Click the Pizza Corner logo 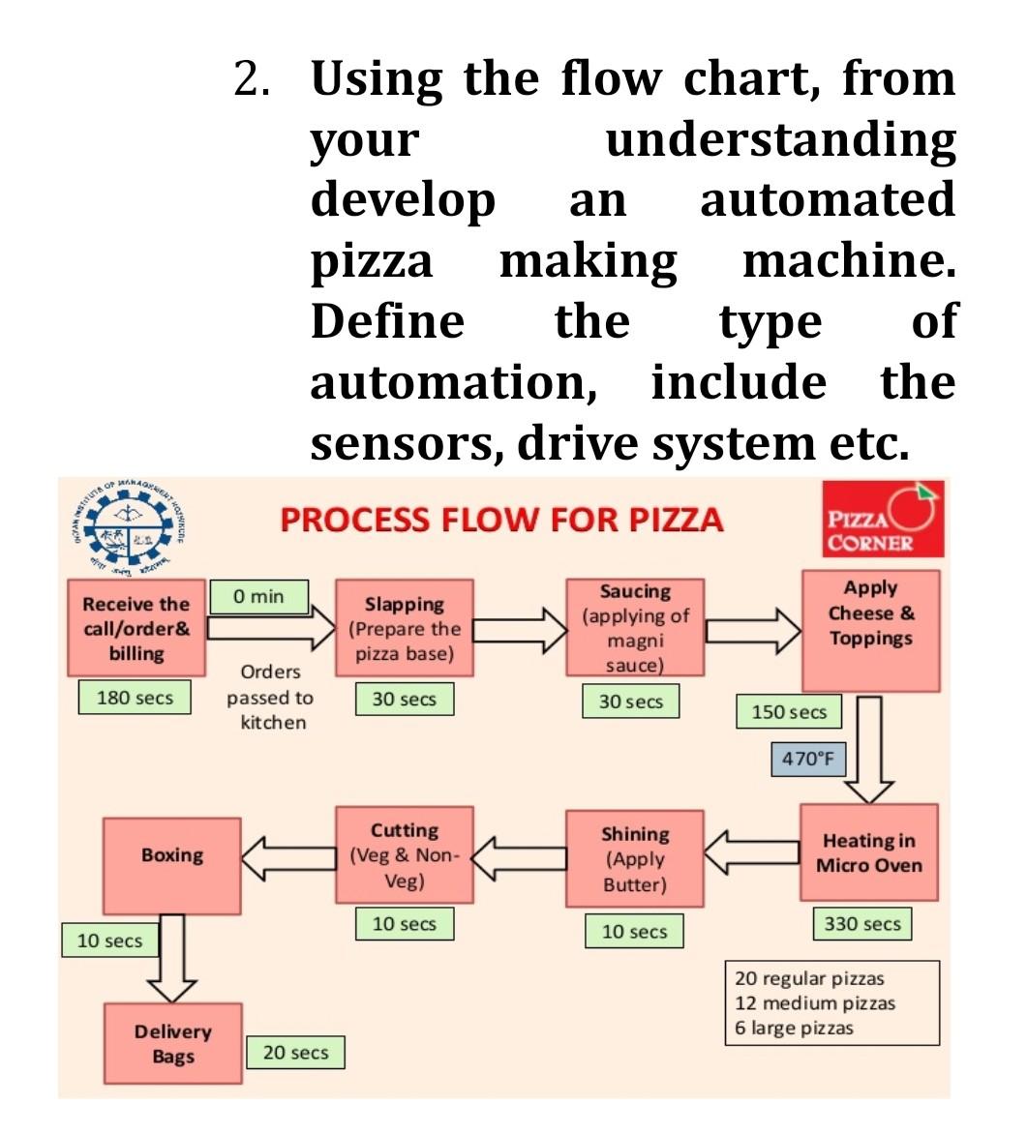click(882, 520)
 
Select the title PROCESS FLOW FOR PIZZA click(501, 520)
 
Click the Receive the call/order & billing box click(136, 628)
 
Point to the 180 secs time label click(135, 697)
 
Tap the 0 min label click(258, 597)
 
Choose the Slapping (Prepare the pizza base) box click(404, 628)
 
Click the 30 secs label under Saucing click(630, 702)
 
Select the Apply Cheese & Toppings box click(870, 629)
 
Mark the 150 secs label click(789, 712)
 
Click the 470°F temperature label click(807, 759)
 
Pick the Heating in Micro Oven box click(868, 852)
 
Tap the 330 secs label click(861, 924)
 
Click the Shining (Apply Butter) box click(634, 858)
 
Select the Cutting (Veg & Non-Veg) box click(404, 855)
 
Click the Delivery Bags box click(173, 1043)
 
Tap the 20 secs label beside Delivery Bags click(295, 1052)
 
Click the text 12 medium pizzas click(815, 1003)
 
